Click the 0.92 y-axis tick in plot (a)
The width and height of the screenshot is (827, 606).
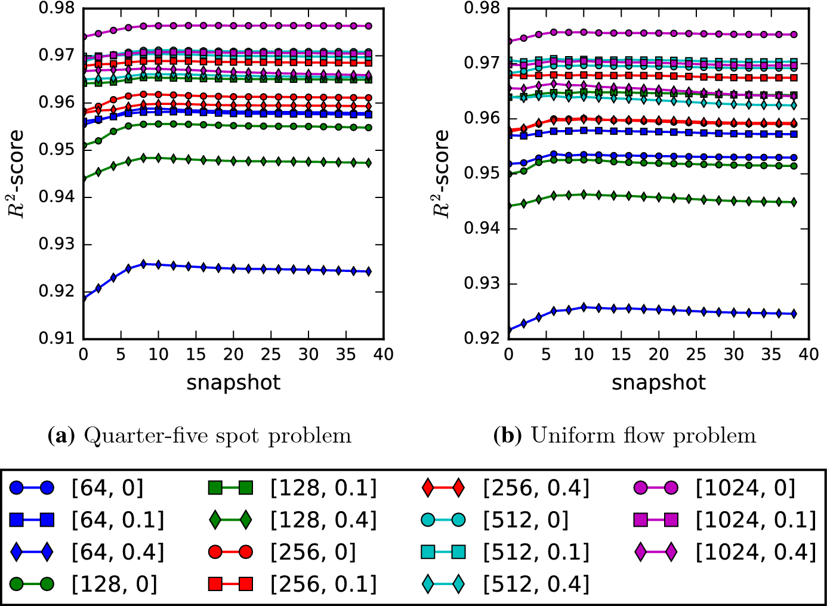(56, 291)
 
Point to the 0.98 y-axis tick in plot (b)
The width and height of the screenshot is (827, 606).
(482, 8)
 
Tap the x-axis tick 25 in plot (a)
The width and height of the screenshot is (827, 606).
(271, 354)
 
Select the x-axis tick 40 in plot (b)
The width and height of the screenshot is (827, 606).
(809, 354)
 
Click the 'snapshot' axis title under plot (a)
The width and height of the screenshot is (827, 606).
(233, 382)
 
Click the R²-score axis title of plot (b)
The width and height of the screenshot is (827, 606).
(441, 174)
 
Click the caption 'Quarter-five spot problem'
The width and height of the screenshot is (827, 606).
(217, 436)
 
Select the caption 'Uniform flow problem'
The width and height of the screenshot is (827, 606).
(643, 436)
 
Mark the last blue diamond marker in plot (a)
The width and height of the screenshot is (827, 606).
(369, 271)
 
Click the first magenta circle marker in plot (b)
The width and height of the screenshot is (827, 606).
(509, 41)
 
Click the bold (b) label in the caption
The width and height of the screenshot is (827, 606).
(507, 436)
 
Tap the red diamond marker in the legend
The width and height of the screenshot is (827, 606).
(443, 488)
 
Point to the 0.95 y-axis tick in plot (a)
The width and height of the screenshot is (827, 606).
(56, 149)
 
